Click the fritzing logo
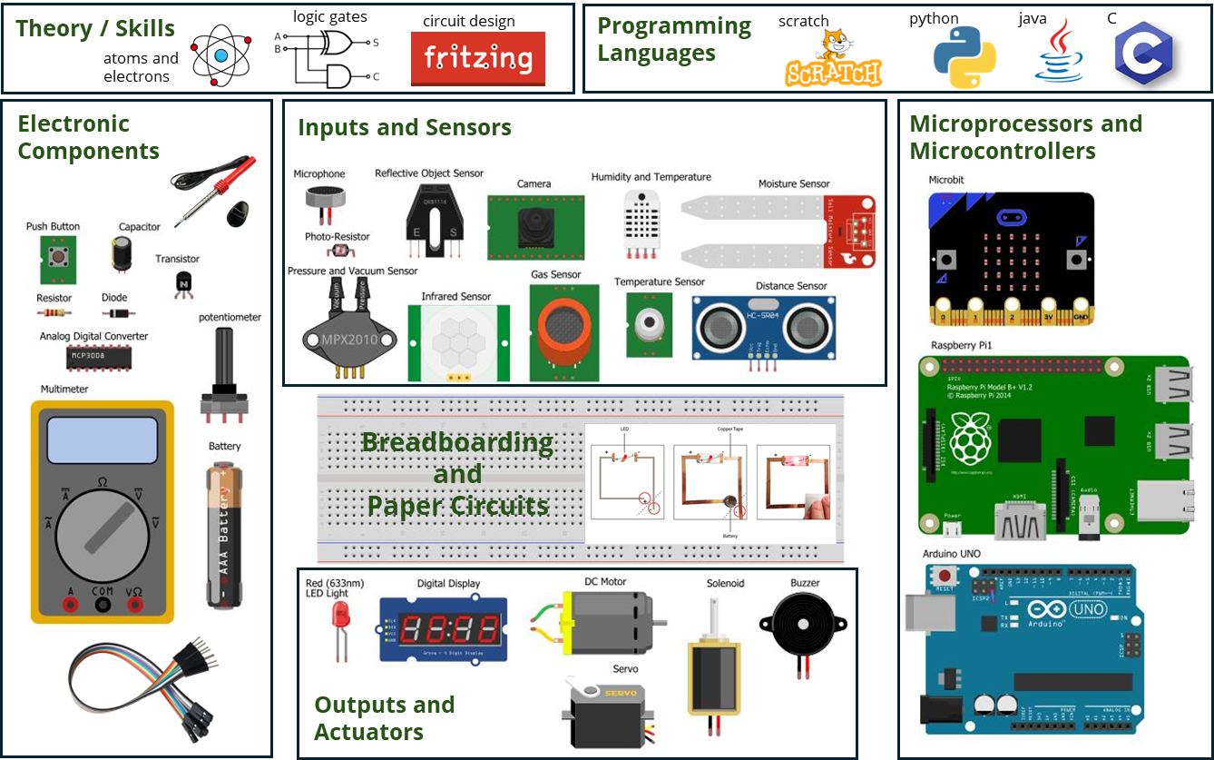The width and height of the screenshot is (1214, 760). (x=478, y=59)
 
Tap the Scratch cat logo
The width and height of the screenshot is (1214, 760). (x=832, y=58)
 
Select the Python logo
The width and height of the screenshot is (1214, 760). (x=964, y=57)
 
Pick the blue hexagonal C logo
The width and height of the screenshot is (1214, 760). (x=1144, y=54)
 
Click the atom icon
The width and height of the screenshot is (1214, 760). (x=220, y=56)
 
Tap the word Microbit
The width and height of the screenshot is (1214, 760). (x=946, y=180)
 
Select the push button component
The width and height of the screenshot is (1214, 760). (x=59, y=256)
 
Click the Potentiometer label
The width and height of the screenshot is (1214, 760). (x=230, y=317)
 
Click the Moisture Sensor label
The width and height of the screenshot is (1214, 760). (x=794, y=184)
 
